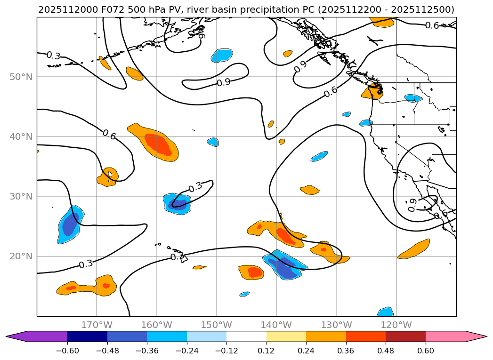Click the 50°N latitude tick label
(x=21, y=77)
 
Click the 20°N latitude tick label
(x=21, y=256)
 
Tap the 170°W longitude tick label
(x=97, y=325)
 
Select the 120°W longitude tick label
(x=396, y=325)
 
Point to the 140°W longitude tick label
(x=276, y=325)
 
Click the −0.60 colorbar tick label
(x=67, y=351)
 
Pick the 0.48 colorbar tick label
(x=386, y=351)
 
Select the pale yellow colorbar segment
(x=286, y=336)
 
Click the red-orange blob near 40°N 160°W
(x=158, y=144)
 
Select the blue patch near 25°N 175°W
(x=71, y=224)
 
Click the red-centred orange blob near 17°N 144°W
(x=254, y=272)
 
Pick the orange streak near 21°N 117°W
(x=415, y=249)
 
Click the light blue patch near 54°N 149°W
(x=222, y=55)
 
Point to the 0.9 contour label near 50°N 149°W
(x=224, y=82)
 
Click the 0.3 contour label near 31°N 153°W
(x=195, y=187)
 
